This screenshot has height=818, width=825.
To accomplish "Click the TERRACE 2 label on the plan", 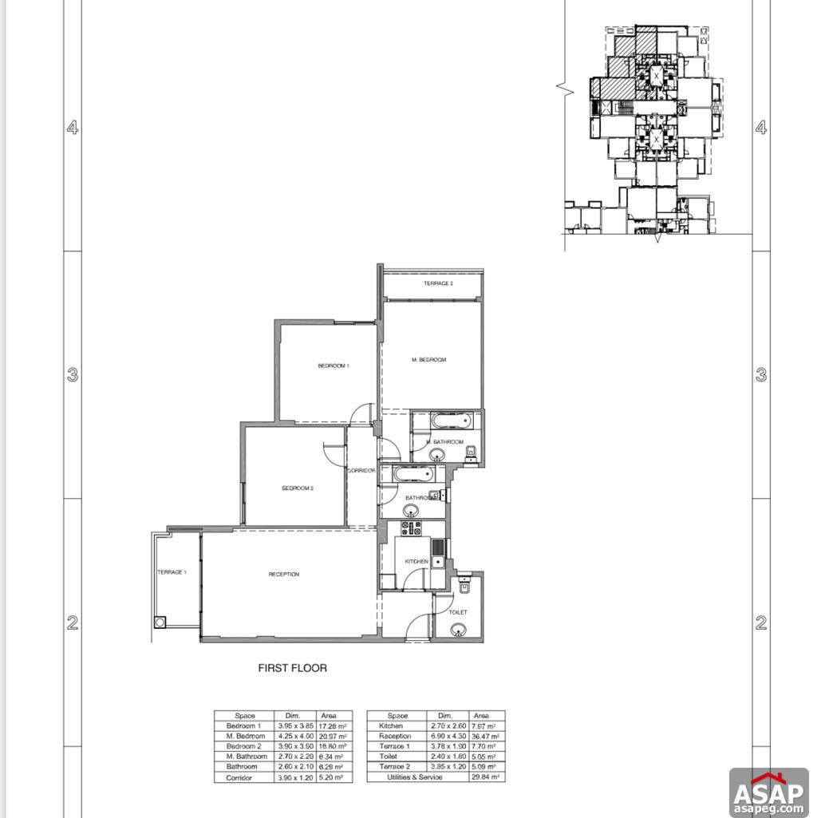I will tap(438, 284).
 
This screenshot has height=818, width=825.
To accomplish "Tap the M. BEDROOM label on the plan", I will tap(428, 360).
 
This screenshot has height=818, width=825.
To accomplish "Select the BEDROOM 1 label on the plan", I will tap(334, 366).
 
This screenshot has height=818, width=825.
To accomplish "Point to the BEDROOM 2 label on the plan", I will tap(297, 488).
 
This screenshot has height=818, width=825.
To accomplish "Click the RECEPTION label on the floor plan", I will tap(283, 575).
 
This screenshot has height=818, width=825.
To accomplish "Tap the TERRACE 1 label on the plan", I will tap(172, 572).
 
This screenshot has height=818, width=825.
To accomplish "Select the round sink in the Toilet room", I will tap(457, 630).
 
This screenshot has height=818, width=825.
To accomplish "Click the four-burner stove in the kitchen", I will tap(412, 528).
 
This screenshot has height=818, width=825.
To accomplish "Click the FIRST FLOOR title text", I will tap(292, 668).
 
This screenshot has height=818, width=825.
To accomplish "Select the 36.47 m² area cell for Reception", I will tap(485, 737).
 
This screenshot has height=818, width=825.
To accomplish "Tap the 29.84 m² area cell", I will tap(485, 777).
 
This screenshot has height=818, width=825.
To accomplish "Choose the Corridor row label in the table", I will tap(240, 777).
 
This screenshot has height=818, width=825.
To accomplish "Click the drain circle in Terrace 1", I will tap(160, 622).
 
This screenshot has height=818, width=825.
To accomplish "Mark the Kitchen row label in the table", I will tap(393, 726).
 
